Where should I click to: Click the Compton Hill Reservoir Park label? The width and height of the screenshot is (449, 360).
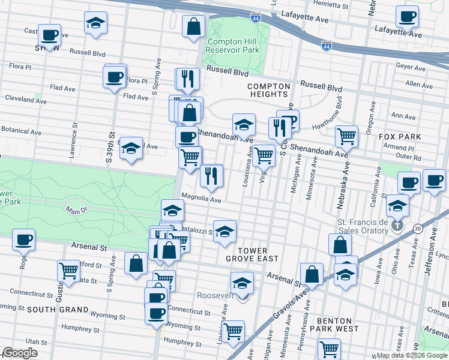(x=232, y=47)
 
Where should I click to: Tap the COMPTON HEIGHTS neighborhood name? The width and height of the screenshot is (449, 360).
(x=268, y=90)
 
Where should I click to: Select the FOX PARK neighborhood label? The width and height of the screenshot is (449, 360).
(x=399, y=137)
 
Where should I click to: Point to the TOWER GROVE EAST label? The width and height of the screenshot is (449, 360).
(x=252, y=254)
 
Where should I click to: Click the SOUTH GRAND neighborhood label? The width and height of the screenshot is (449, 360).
(x=58, y=310)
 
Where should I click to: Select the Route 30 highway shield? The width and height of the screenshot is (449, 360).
(x=418, y=229)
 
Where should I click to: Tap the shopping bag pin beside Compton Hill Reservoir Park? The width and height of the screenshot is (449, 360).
(x=194, y=26)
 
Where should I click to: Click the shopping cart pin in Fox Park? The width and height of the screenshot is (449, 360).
(x=346, y=136)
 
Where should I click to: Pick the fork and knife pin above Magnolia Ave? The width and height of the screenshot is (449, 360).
(x=211, y=175)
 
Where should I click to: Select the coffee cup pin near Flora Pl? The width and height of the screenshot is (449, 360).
(x=115, y=77)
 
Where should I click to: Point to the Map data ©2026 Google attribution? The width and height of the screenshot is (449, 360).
(x=411, y=355)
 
